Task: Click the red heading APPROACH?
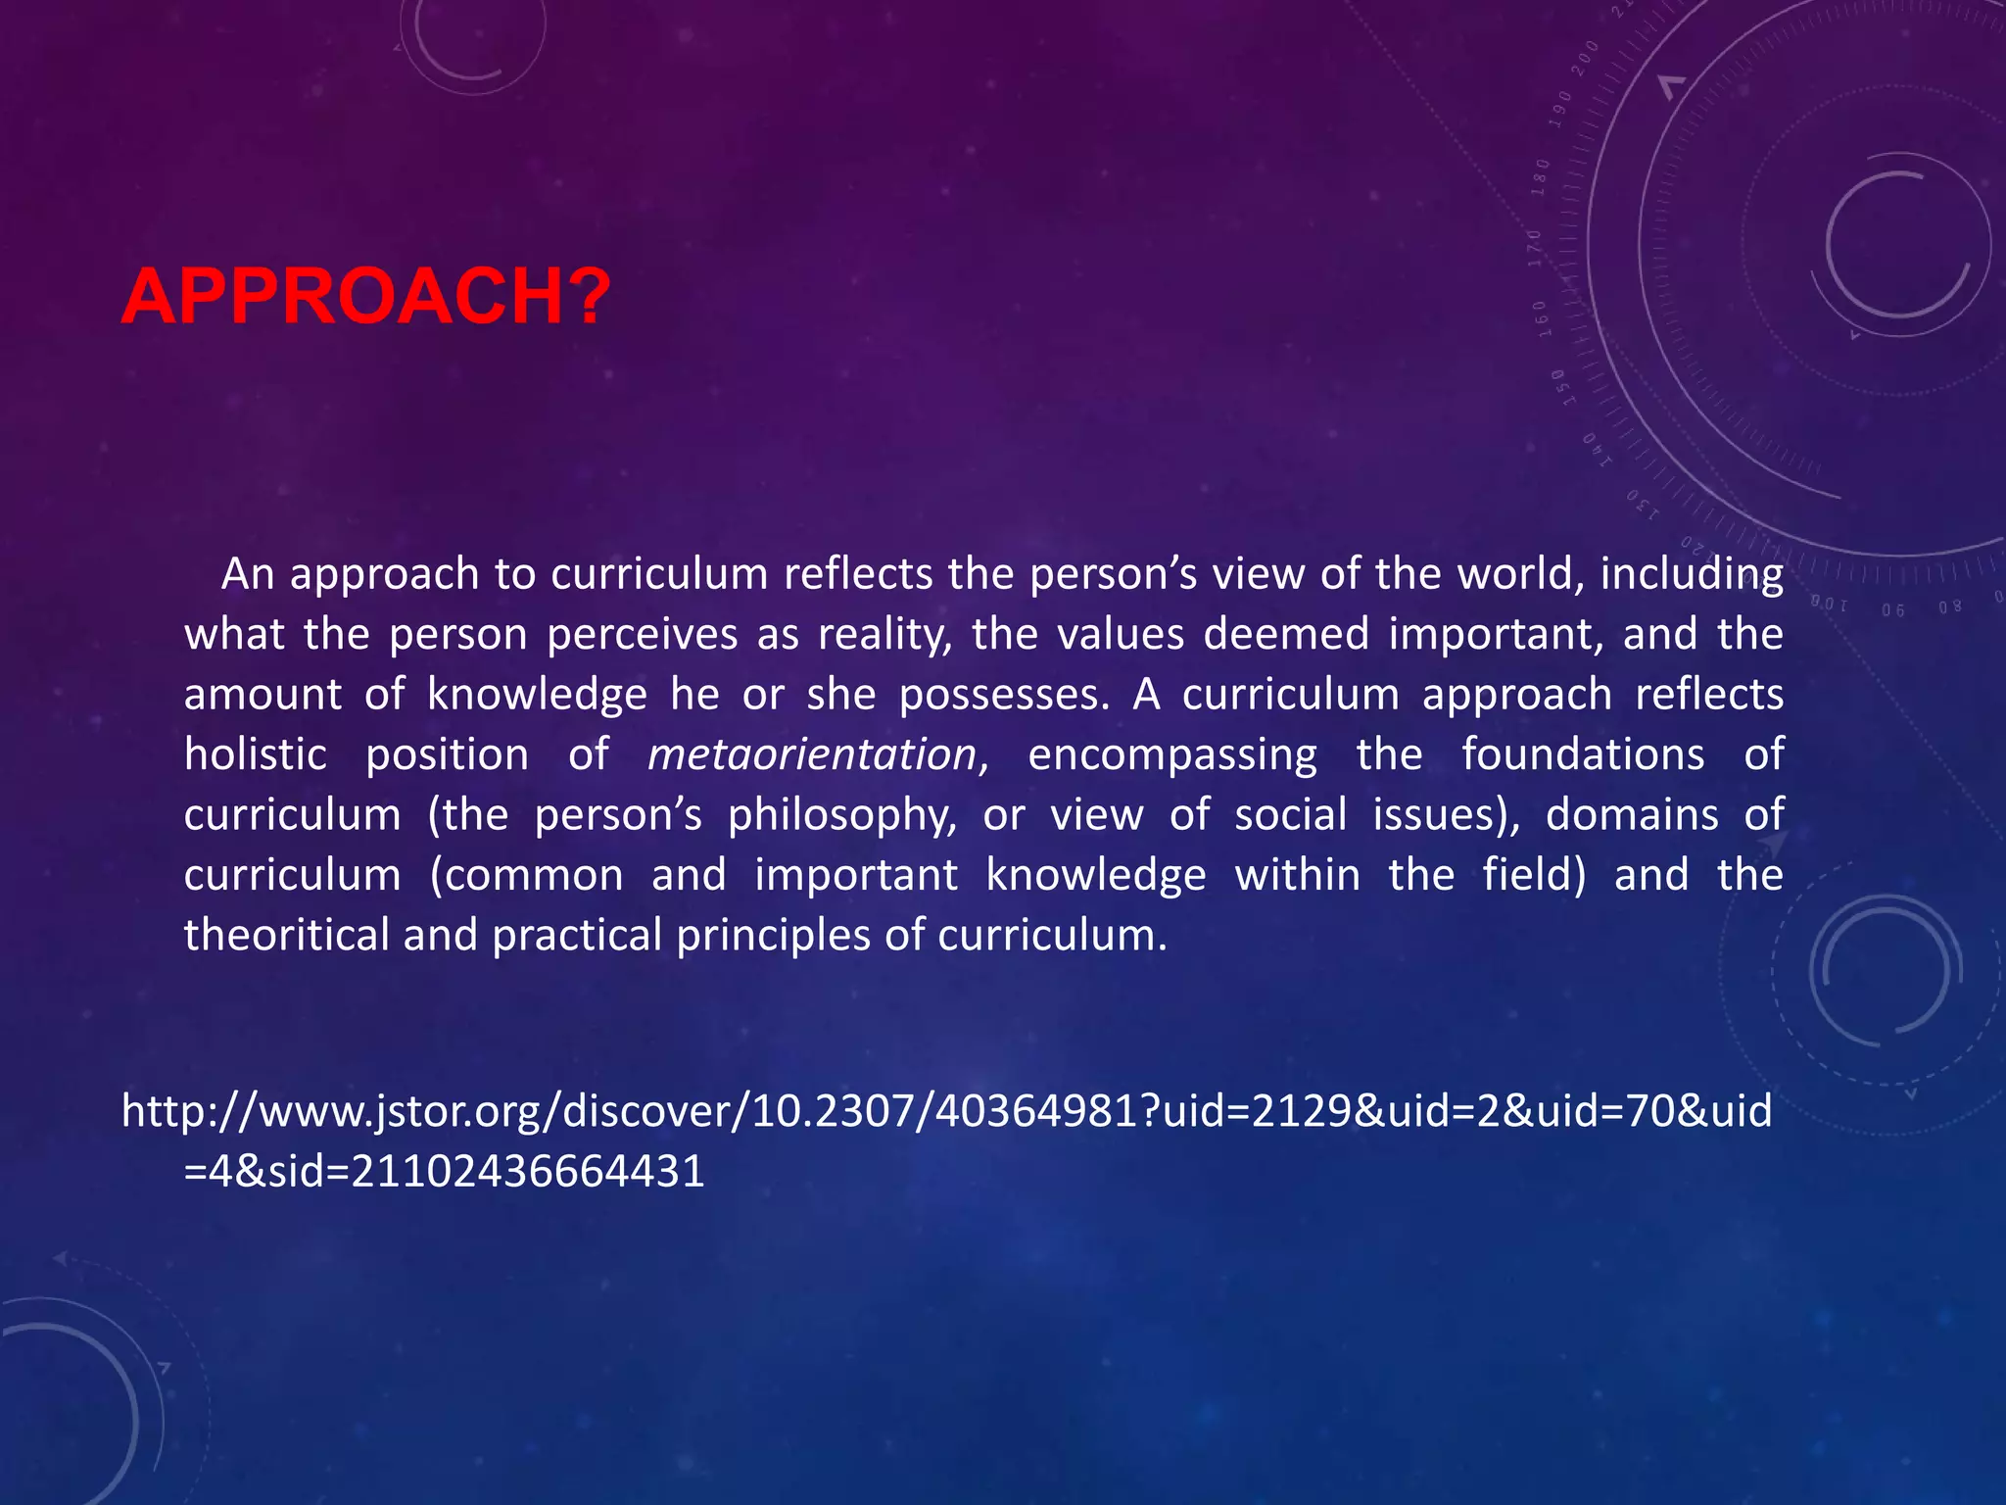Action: coord(366,296)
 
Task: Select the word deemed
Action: coord(1286,635)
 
